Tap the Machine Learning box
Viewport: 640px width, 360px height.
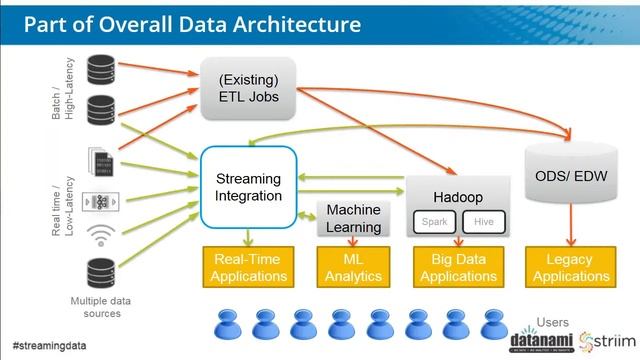click(x=354, y=218)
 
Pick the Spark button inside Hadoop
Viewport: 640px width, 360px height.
click(x=433, y=222)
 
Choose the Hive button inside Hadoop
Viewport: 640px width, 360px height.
click(x=483, y=222)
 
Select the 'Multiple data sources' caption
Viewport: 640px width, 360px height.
click(x=100, y=306)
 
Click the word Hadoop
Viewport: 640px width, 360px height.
click(x=458, y=198)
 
